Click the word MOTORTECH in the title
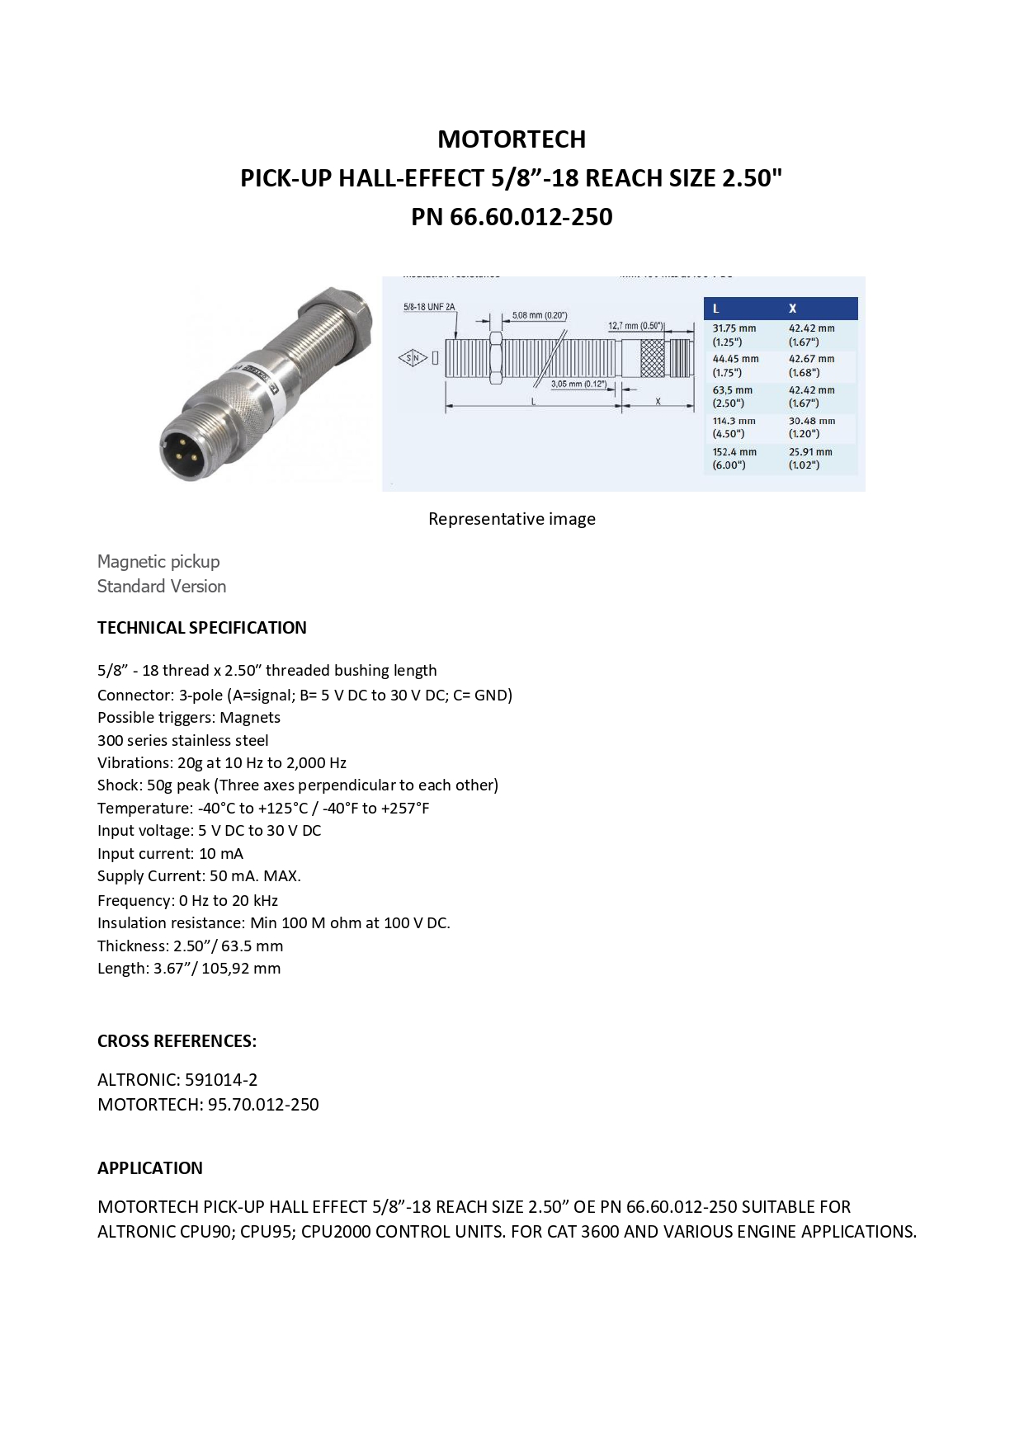tap(512, 139)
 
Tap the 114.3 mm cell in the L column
tap(734, 427)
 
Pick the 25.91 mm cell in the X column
tap(810, 458)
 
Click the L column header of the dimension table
tap(715, 309)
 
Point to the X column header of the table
tap(792, 309)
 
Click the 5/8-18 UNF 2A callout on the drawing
tap(429, 308)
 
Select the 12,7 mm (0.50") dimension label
tap(635, 326)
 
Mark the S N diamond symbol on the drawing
tap(413, 358)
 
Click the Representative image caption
tap(512, 519)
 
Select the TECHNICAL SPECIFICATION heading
tap(201, 628)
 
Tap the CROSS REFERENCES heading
tap(177, 1041)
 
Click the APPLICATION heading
tap(149, 1168)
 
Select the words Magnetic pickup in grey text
tap(158, 562)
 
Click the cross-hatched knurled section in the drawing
tap(653, 358)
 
